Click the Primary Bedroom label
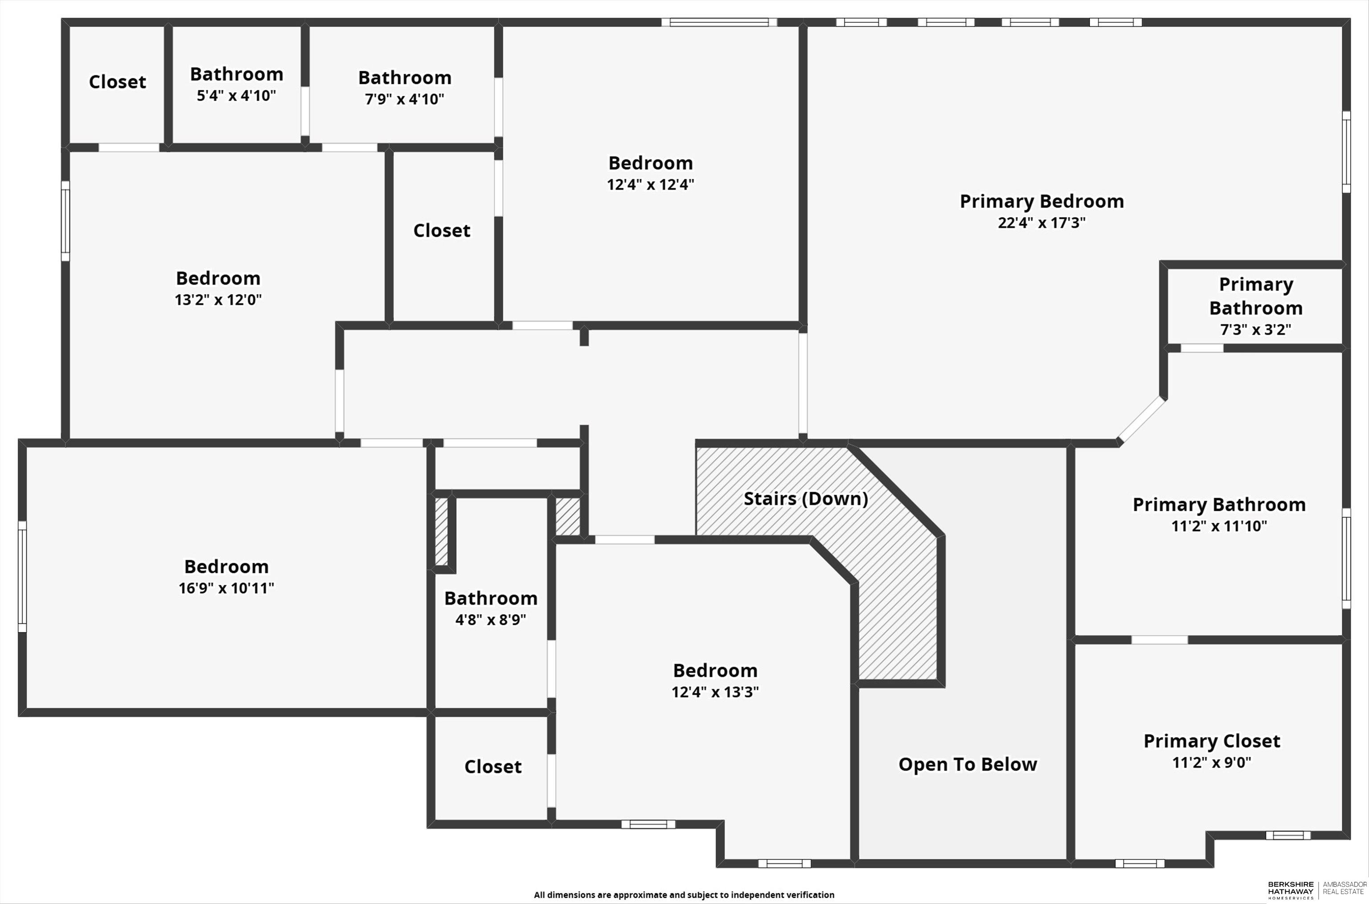1041,201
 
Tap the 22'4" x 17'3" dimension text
1041,223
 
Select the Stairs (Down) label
805,499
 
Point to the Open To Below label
967,765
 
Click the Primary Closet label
1212,741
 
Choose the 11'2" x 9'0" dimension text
1212,763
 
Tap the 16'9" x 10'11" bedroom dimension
226,588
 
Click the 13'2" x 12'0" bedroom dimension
218,300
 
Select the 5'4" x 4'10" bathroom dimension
237,96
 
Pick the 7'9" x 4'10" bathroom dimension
404,99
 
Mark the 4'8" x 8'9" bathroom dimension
490,620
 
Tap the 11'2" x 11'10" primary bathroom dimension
1219,526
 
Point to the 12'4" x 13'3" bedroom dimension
715,692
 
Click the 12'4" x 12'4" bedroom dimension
650,184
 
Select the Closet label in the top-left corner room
117,82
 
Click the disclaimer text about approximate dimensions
684,895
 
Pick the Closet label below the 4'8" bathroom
493,767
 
